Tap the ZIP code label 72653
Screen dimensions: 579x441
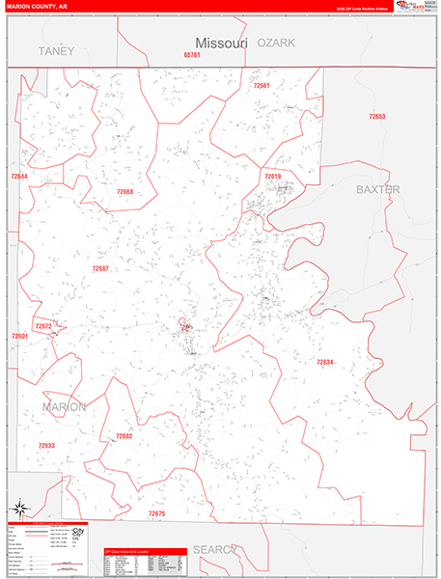click(x=376, y=117)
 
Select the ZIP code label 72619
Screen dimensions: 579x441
click(x=272, y=177)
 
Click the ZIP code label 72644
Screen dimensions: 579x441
click(x=18, y=177)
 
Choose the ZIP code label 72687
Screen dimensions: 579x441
click(x=100, y=268)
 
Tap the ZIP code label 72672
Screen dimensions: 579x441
click(x=43, y=326)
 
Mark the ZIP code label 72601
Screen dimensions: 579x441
click(x=19, y=337)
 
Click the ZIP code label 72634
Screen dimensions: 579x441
click(x=325, y=362)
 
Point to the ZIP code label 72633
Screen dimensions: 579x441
click(x=46, y=445)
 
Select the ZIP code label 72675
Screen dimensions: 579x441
click(x=156, y=513)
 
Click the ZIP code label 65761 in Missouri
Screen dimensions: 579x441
click(x=191, y=55)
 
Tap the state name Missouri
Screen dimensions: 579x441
click(x=222, y=42)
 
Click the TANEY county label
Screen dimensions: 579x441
click(x=56, y=50)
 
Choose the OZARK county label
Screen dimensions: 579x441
click(x=276, y=42)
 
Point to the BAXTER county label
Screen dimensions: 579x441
click(x=377, y=189)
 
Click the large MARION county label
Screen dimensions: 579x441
click(x=64, y=406)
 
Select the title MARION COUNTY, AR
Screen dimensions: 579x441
click(x=34, y=6)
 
